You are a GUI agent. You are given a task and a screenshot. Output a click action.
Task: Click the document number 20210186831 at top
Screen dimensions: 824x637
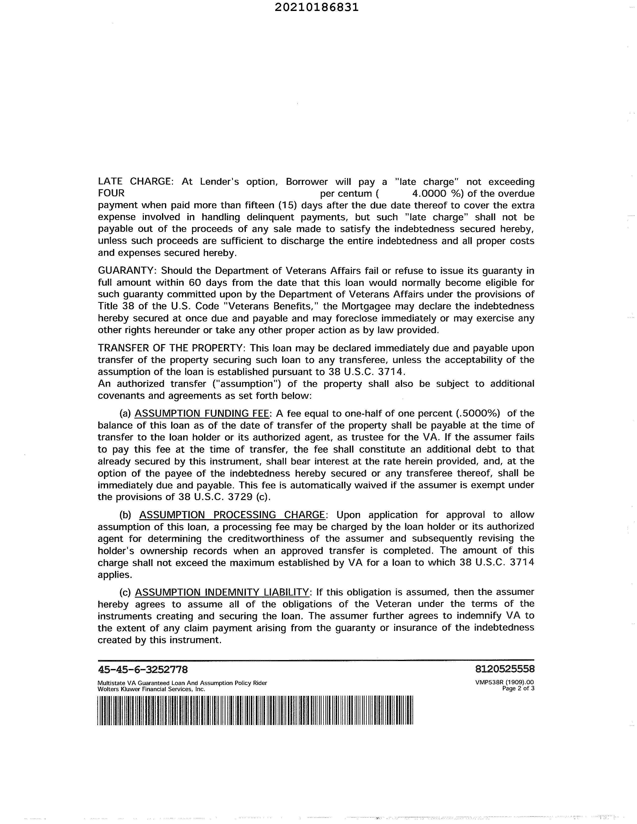pyautogui.click(x=316, y=7)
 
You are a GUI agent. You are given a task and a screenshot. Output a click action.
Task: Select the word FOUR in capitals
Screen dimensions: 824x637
pyautogui.click(x=111, y=193)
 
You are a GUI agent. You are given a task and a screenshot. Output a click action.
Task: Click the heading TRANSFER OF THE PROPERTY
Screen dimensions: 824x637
pyautogui.click(x=172, y=348)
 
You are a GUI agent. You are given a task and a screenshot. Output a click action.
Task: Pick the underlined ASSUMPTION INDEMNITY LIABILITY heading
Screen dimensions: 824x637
pyautogui.click(x=222, y=592)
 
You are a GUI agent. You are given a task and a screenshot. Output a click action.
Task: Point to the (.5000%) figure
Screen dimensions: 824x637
pyautogui.click(x=478, y=413)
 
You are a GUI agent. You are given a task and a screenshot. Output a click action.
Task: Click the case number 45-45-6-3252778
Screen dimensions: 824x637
pyautogui.click(x=143, y=669)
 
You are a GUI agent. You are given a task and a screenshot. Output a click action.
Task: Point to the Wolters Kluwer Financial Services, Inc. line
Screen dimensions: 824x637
pyautogui.click(x=151, y=689)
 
